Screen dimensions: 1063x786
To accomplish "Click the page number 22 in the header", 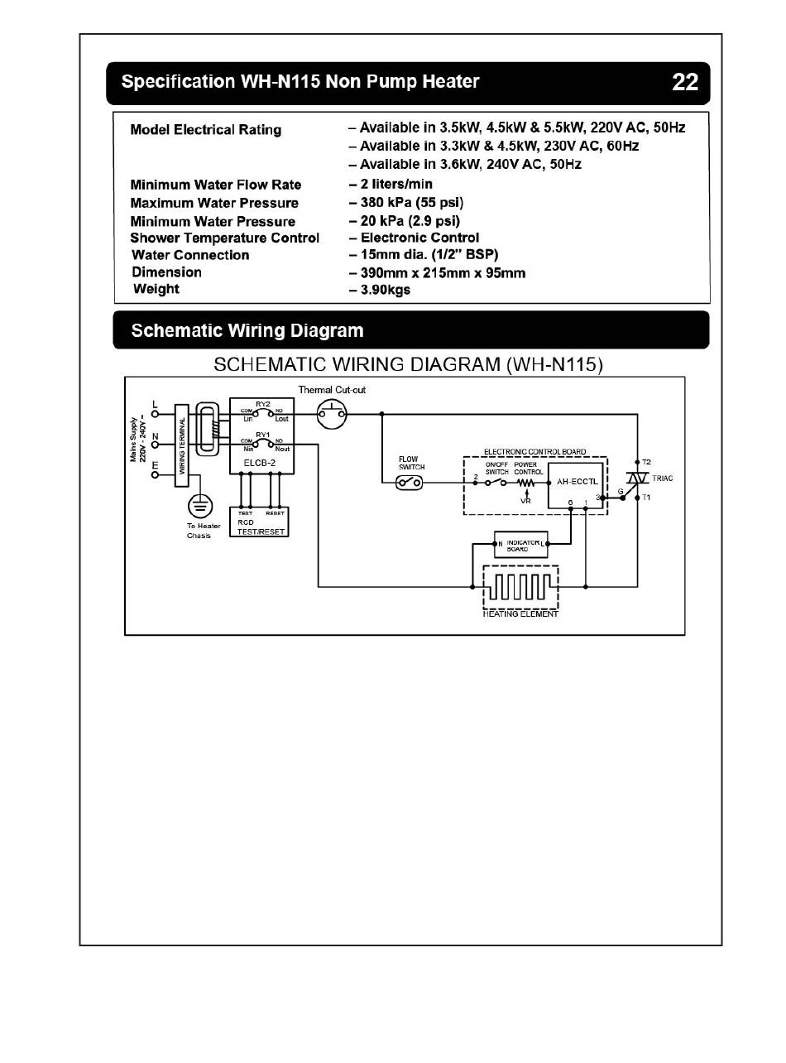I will (685, 83).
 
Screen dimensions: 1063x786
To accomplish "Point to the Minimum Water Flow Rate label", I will (215, 185).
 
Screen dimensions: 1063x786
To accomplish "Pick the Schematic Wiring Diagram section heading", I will (247, 331).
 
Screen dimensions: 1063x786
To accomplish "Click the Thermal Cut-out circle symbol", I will (330, 411).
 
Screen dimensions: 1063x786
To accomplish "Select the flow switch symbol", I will (410, 483).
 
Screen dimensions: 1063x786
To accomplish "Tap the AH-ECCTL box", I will (573, 481).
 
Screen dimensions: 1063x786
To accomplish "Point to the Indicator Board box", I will (520, 544).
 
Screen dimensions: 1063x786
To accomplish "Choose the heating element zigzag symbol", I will (520, 586).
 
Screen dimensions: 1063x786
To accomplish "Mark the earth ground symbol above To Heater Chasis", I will (199, 505).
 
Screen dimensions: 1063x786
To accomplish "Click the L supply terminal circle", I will (155, 413).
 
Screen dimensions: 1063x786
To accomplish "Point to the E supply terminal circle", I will (155, 475).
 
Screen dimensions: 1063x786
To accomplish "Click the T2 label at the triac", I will (647, 460).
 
